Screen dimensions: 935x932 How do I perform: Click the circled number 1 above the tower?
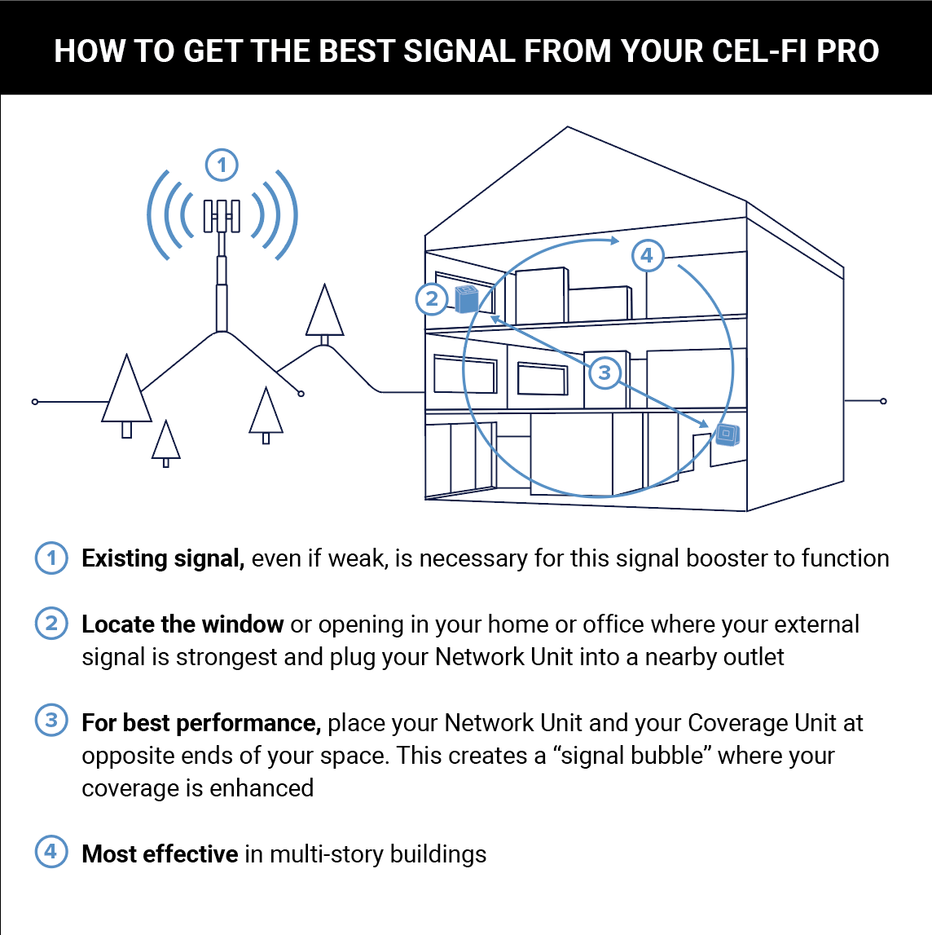[222, 165]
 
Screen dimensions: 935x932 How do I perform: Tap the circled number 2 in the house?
[432, 299]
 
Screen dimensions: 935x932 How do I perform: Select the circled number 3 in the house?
[604, 373]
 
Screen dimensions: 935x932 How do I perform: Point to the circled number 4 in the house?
[647, 256]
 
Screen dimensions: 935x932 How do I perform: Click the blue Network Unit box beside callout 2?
[466, 299]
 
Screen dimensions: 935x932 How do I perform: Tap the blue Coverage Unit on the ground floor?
[727, 435]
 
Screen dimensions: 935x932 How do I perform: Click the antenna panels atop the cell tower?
[222, 215]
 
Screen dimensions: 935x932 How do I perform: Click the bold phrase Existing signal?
[163, 558]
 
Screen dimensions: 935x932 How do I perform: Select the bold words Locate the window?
[182, 624]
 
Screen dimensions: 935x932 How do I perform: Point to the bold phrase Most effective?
[160, 854]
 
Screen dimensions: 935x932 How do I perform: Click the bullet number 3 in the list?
[51, 721]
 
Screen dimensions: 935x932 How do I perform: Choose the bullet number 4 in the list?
[51, 852]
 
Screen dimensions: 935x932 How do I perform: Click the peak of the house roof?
[567, 128]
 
